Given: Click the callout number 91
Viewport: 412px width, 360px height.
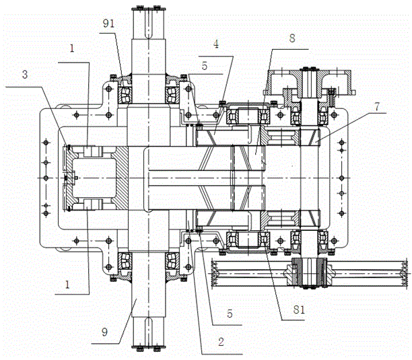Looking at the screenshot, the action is point(108,24).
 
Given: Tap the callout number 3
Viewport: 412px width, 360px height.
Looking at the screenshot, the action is point(25,75).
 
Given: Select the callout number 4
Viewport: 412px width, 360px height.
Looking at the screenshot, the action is point(215,44).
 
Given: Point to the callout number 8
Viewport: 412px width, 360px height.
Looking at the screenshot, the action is point(292,38).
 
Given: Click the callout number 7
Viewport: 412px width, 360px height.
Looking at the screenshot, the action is point(377,106).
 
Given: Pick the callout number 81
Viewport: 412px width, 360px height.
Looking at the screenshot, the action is point(299,310).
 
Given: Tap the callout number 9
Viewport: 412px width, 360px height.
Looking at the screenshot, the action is point(104,332).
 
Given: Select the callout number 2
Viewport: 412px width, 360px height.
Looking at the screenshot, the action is point(221,342).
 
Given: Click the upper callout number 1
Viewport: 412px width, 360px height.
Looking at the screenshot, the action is point(72,48).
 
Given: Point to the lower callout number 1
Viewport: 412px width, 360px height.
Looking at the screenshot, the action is point(67,285).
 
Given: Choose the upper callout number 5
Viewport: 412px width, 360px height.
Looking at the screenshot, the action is point(205,66).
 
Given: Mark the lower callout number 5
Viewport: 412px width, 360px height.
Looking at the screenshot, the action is point(230,314).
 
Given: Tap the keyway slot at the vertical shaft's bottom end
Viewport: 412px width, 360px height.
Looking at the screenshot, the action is point(149,332).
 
